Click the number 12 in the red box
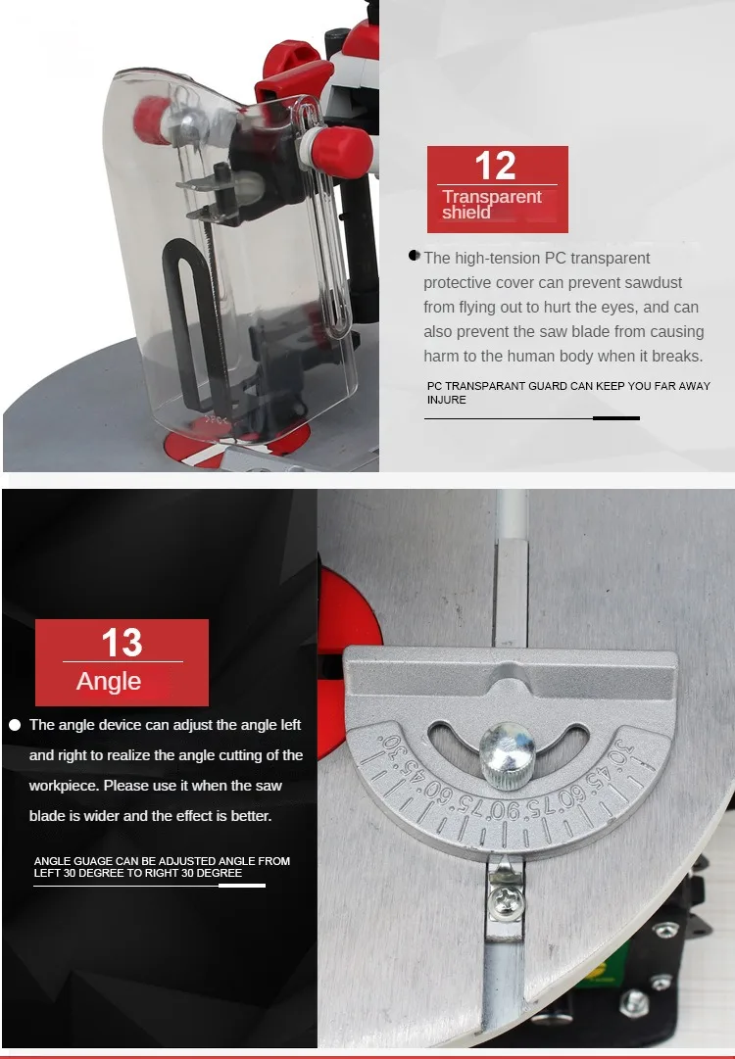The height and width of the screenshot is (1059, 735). tap(495, 166)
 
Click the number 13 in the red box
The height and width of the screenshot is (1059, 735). tap(122, 643)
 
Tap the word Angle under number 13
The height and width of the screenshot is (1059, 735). tap(109, 682)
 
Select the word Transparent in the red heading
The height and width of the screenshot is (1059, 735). tap(492, 197)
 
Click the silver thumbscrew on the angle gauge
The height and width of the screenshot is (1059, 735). tap(507, 754)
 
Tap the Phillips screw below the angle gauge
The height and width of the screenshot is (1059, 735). tap(506, 901)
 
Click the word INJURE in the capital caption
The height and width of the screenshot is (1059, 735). tap(447, 400)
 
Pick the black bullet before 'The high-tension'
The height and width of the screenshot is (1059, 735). tap(415, 256)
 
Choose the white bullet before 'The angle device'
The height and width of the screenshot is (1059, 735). tap(15, 725)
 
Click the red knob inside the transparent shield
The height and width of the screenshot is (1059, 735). tap(150, 120)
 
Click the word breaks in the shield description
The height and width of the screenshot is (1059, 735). tap(675, 356)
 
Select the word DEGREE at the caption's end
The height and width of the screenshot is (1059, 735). tap(219, 873)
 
